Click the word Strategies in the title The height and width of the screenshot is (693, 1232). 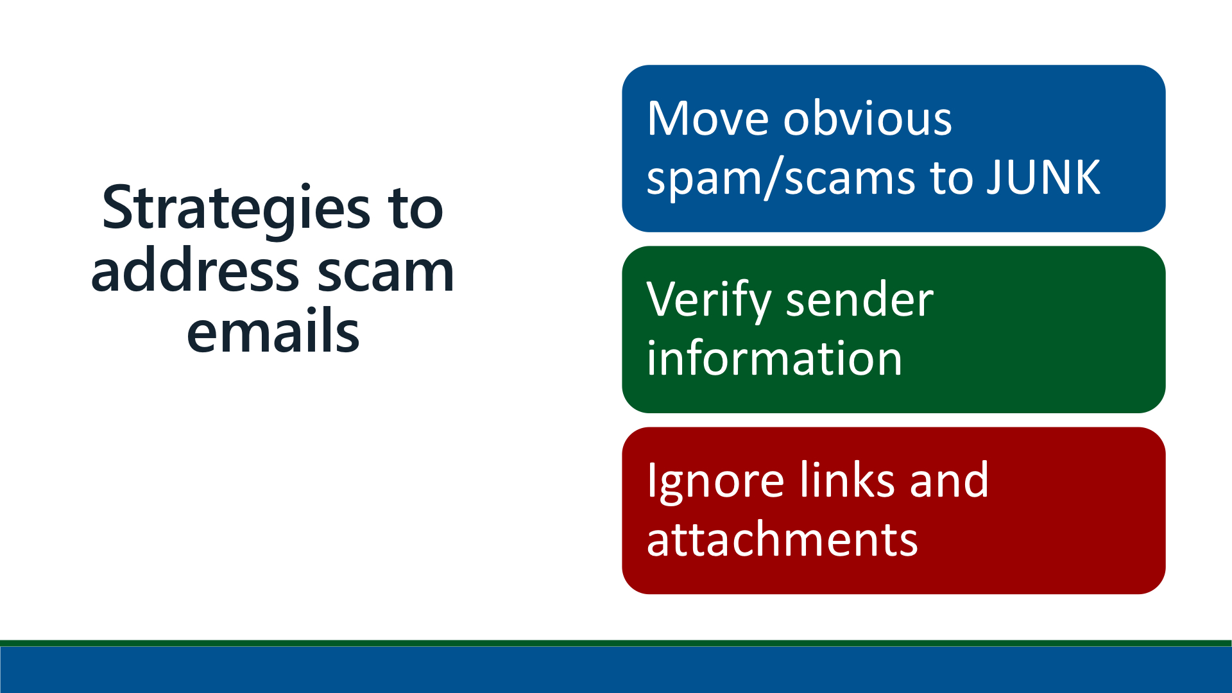tap(236, 210)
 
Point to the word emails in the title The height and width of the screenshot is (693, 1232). tap(273, 330)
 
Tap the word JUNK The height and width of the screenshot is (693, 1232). tap(1043, 177)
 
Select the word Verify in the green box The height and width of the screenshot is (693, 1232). tap(708, 301)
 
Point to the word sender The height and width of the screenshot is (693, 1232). tap(860, 300)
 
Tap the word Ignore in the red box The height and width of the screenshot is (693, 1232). tap(715, 482)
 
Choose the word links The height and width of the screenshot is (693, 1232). tap(846, 479)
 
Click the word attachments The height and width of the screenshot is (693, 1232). tap(782, 539)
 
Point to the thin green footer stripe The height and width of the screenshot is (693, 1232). tap(616, 643)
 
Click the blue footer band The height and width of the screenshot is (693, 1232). tap(616, 669)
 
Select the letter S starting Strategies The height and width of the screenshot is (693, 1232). tap(117, 208)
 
